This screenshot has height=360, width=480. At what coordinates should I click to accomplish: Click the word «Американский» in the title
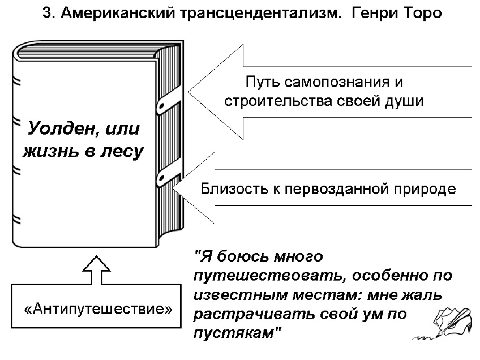(118, 14)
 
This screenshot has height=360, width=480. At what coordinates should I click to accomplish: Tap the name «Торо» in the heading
(418, 14)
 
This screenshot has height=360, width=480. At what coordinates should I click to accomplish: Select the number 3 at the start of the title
(48, 14)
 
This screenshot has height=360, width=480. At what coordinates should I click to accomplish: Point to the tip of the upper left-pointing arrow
(188, 91)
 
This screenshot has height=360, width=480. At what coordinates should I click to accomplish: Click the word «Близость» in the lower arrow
(234, 188)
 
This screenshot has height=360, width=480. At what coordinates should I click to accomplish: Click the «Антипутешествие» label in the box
(98, 308)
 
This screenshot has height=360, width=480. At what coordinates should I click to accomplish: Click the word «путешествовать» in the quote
(268, 276)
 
